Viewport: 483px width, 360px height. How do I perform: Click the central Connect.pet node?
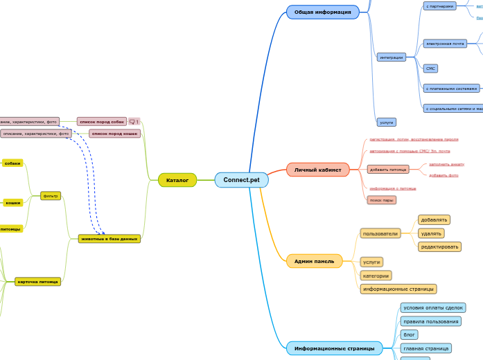pos(241,180)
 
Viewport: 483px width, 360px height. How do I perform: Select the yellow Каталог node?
pos(177,180)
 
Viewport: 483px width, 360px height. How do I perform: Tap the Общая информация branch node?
pos(322,12)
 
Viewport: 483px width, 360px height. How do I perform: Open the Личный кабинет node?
pos(317,170)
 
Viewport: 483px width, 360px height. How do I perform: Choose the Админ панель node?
pos(314,261)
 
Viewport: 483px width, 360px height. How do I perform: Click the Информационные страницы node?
pos(334,348)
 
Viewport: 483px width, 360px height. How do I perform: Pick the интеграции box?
pos(392,57)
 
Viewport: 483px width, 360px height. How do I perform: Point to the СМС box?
pos(430,69)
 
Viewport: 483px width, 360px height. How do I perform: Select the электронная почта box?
pos(445,44)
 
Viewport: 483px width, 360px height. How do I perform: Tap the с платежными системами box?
pos(451,89)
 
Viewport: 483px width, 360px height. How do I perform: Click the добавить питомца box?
pos(388,169)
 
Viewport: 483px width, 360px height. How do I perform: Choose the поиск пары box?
pos(381,200)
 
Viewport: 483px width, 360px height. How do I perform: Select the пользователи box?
pos(380,233)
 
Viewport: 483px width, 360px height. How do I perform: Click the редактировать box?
pos(439,246)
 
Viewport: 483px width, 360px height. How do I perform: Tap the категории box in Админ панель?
pos(376,276)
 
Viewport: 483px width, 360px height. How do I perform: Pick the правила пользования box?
pos(430,321)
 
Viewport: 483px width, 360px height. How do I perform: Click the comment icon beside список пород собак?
pos(134,122)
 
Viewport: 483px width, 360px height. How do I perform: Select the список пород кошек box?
pos(114,134)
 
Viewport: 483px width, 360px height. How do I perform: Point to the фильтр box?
pos(51,196)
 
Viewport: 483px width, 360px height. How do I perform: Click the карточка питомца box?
pos(38,282)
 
